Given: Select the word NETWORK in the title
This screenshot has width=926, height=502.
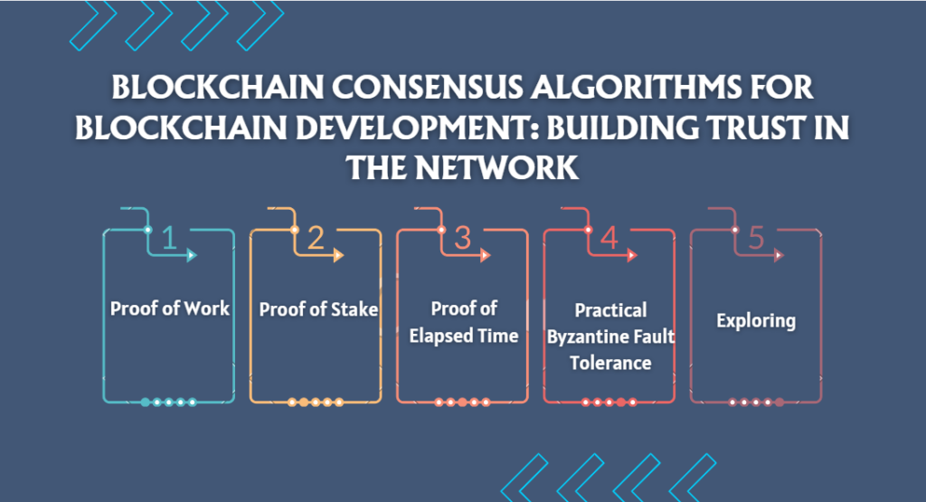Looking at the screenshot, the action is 496,167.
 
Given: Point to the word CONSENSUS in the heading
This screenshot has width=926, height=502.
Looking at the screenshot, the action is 428,88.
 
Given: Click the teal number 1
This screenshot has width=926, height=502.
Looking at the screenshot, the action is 169,237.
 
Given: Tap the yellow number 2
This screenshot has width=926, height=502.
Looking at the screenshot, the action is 316,237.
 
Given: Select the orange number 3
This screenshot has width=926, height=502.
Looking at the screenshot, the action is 462,237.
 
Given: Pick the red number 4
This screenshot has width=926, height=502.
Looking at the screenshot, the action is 609,237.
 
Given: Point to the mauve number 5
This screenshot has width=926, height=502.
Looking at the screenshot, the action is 756,237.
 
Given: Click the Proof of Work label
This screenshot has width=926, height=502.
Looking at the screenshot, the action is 170,308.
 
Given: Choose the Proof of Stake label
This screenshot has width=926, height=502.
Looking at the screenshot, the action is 318,308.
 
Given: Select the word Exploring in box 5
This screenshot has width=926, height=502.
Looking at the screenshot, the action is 756,321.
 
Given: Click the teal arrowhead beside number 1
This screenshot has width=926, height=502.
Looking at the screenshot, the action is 192,255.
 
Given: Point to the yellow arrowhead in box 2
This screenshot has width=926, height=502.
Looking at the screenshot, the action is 338,255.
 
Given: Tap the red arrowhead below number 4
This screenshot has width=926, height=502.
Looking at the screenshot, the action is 632,255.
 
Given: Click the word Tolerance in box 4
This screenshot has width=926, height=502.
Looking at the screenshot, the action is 610,363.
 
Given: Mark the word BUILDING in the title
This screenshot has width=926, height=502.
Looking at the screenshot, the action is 615,128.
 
